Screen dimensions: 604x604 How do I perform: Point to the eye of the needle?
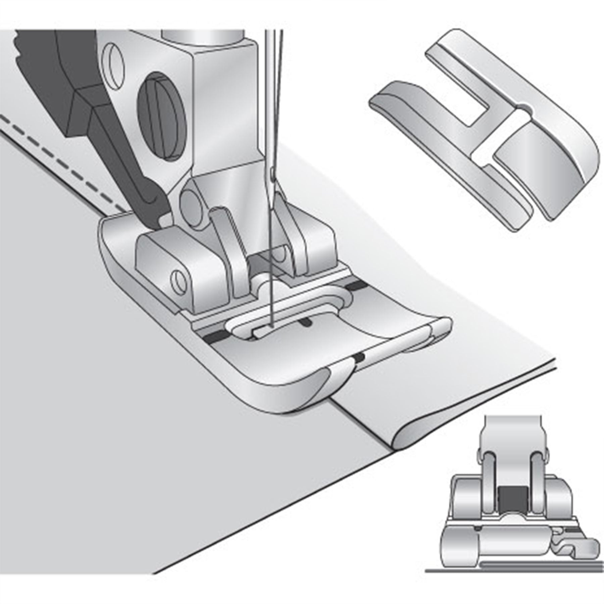pos(272,174)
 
